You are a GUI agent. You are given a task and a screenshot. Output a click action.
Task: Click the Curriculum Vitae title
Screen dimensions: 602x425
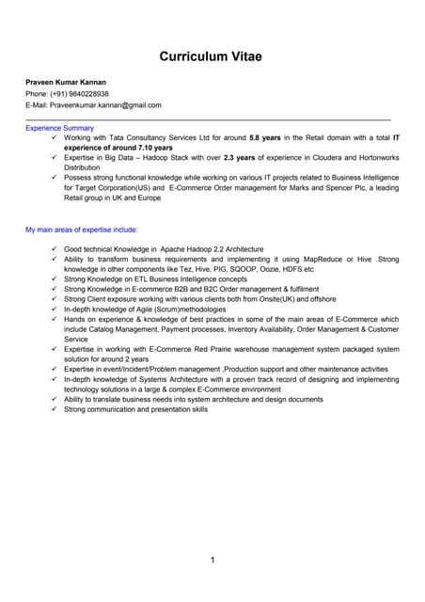[211, 57]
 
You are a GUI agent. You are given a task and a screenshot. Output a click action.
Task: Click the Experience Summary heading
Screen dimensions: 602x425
[59, 127]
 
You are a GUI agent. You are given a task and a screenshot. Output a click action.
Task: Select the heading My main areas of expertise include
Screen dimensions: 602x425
[82, 229]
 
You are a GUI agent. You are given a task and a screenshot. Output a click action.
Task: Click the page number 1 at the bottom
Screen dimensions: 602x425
[212, 562]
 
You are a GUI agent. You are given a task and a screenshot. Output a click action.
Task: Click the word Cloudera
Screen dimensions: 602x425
[315, 158]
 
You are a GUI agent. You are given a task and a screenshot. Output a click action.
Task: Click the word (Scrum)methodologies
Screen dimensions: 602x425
[167, 309]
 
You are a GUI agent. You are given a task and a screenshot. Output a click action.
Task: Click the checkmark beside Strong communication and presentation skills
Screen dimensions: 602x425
[55, 410]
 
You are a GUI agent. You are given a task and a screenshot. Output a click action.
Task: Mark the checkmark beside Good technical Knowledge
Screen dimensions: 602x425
[55, 248]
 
